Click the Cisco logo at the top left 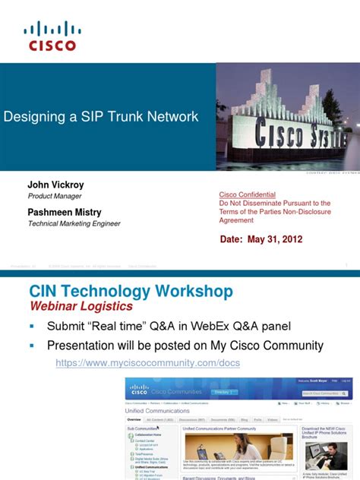[x=52, y=36]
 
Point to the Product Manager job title [x=55, y=196]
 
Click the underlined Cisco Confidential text [x=247, y=194]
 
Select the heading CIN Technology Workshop [x=131, y=292]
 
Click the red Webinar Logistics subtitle [x=81, y=307]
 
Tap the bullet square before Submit [x=33, y=327]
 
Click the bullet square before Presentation [x=33, y=346]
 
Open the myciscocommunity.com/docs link [x=148, y=364]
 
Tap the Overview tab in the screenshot [x=134, y=419]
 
